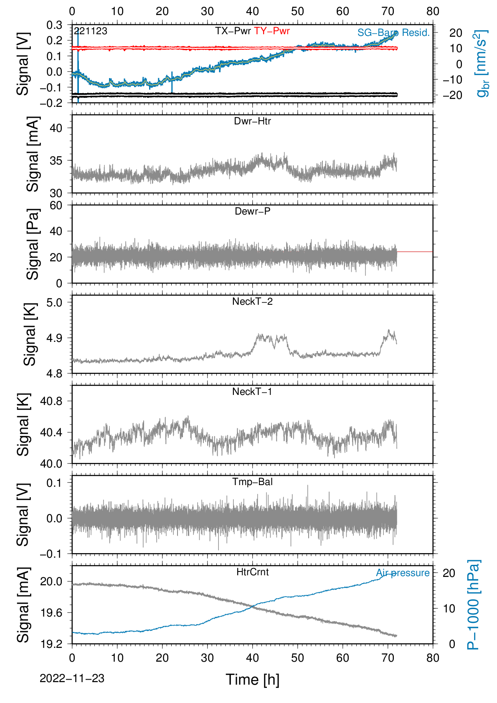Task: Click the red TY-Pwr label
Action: (271, 31)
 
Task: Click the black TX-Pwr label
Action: (233, 31)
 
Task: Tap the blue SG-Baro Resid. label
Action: (393, 33)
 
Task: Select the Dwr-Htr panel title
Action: (252, 121)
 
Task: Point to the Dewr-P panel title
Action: (252, 211)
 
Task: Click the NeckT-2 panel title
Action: (252, 301)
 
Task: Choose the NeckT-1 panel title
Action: (252, 391)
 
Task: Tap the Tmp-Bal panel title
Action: (252, 482)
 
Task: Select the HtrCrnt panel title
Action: (252, 572)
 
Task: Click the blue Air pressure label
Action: (403, 573)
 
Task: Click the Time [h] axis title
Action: (252, 680)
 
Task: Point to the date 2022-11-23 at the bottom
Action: (72, 678)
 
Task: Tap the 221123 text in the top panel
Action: (91, 31)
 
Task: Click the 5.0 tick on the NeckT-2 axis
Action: (54, 303)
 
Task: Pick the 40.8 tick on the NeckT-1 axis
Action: (51, 402)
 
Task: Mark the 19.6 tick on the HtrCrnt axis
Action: (51, 612)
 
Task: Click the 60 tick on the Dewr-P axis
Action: (56, 205)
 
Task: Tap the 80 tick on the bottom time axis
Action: (433, 658)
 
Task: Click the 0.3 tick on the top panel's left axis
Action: (54, 25)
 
